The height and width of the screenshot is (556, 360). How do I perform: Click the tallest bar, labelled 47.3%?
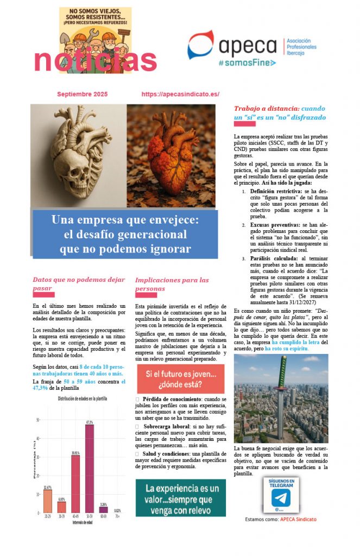pos(89,468)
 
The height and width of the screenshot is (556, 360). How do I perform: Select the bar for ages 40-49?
pos(75,483)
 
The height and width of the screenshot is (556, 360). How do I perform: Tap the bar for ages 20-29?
pos(48,502)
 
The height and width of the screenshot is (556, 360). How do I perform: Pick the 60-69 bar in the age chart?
pos(103,510)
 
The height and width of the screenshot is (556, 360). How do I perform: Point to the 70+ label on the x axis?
pos(117,517)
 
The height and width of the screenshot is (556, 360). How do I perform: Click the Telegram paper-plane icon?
pos(281,498)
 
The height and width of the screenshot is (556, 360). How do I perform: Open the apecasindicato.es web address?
pos(180,94)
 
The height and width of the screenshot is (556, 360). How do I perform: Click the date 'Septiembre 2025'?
pos(83,94)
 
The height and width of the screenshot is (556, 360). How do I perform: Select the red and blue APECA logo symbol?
pos(200,45)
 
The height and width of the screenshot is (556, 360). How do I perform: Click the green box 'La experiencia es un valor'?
pos(180,497)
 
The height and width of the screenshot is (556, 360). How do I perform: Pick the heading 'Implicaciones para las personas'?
pos(172,284)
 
